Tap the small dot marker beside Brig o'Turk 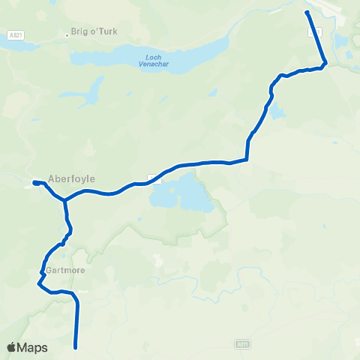(66, 33)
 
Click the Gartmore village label (62, 269)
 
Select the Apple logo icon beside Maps (11, 347)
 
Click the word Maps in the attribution (33, 347)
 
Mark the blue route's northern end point (307, 13)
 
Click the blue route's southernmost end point (76, 347)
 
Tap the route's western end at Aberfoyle (35, 182)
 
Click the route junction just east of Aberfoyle (65, 200)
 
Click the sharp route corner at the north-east (325, 63)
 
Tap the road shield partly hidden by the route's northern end (316, 31)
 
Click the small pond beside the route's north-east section (276, 112)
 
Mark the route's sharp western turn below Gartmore (38, 283)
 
